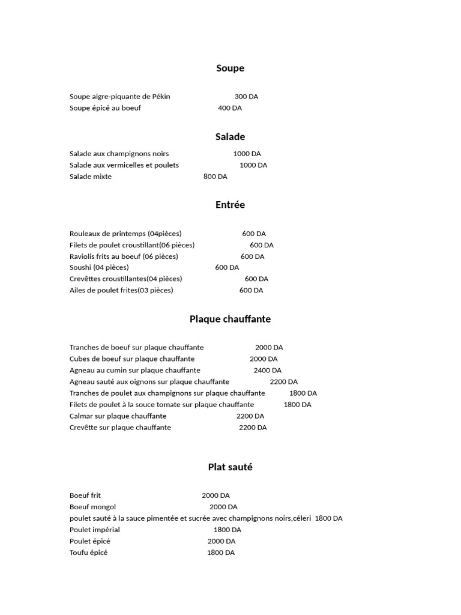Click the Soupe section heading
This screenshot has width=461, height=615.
[230, 68]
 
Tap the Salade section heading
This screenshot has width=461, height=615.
[230, 137]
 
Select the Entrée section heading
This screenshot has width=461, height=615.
[230, 205]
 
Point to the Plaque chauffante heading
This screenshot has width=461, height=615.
[230, 319]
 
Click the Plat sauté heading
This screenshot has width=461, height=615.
[230, 467]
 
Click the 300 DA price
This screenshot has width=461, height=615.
[246, 97]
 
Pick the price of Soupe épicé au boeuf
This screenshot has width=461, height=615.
[230, 108]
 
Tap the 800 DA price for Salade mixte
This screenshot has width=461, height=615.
[215, 177]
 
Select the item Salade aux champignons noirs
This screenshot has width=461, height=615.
[119, 154]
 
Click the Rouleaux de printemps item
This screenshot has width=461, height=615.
[125, 234]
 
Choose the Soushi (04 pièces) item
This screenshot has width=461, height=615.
[99, 267]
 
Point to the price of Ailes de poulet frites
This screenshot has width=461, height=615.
[251, 290]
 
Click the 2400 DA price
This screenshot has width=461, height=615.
[267, 371]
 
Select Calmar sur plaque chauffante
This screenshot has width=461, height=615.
[118, 416]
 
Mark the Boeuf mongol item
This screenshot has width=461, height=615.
[93, 507]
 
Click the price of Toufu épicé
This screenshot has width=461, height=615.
[220, 553]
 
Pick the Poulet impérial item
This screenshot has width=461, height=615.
[95, 530]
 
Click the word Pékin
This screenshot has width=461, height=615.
[161, 97]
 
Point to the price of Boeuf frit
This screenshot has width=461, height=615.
[215, 495]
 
